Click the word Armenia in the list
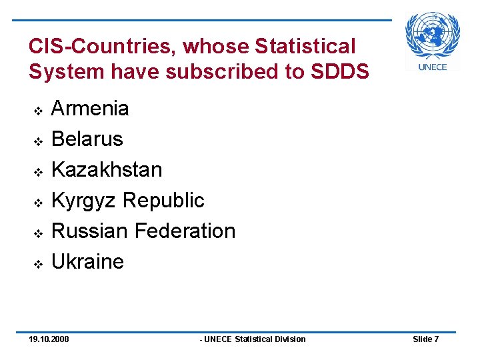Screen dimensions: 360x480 tap(90, 108)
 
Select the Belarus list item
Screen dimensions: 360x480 tap(87, 139)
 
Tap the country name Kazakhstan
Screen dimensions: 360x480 tap(107, 169)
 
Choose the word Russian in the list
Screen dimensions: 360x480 tap(90, 231)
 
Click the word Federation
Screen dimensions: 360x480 tap(185, 231)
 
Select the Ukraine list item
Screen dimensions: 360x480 tap(87, 261)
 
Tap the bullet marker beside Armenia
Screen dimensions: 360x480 tap(38, 109)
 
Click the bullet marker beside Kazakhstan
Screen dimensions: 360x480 tap(38, 171)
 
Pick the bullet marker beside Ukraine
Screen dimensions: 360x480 tap(38, 263)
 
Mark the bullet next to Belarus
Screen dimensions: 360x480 tap(38, 141)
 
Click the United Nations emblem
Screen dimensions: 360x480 tap(433, 35)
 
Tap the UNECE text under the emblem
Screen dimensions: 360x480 tap(433, 67)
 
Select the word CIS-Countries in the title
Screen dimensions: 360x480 tap(103, 46)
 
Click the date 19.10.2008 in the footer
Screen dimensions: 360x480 tap(49, 339)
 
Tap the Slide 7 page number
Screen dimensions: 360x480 tap(425, 339)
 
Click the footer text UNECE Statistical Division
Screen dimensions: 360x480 tap(254, 339)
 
